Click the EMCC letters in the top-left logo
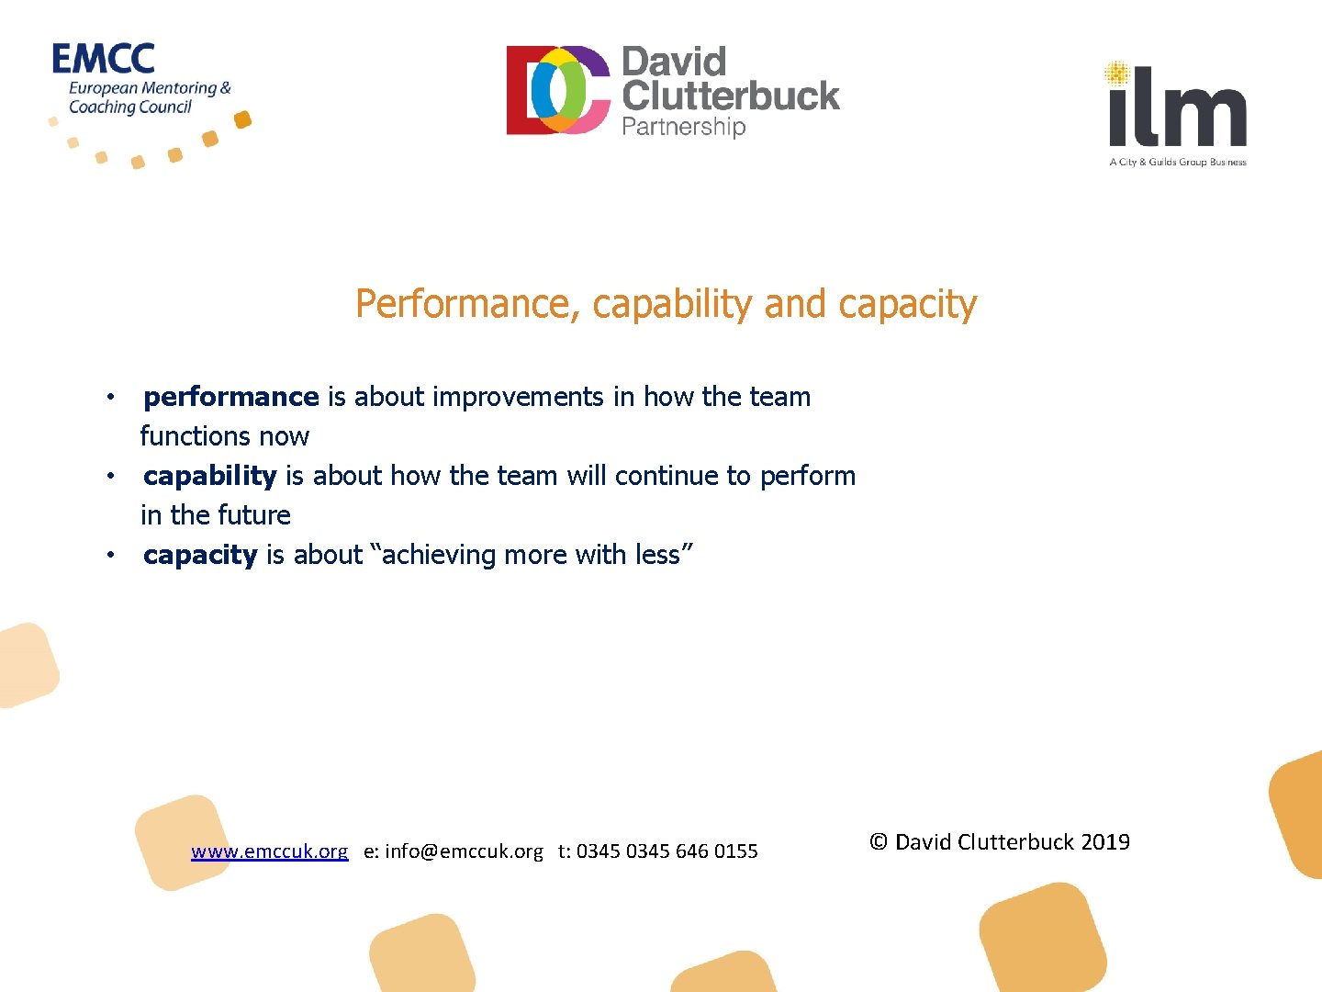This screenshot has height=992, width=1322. pyautogui.click(x=104, y=60)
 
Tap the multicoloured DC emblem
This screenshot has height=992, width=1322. pyautogui.click(x=558, y=90)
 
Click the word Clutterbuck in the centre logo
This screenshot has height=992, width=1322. pyautogui.click(x=731, y=96)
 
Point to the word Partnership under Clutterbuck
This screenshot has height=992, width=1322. pyautogui.click(x=684, y=126)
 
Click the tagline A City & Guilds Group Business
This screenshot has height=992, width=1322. pyautogui.click(x=1178, y=163)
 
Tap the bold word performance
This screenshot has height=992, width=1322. pyautogui.click(x=231, y=397)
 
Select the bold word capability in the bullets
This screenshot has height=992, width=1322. pyautogui.click(x=210, y=476)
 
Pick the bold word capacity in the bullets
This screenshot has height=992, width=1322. pyautogui.click(x=200, y=555)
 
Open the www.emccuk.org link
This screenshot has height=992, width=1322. pyautogui.click(x=270, y=851)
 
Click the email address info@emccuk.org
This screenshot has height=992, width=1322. pyautogui.click(x=464, y=851)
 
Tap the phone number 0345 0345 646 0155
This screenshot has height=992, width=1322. pyautogui.click(x=667, y=851)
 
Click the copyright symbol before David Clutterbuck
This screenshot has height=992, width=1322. pyautogui.click(x=879, y=842)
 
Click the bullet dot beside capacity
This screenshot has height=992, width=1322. pyautogui.click(x=110, y=556)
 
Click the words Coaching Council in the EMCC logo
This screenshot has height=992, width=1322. pyautogui.click(x=130, y=107)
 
